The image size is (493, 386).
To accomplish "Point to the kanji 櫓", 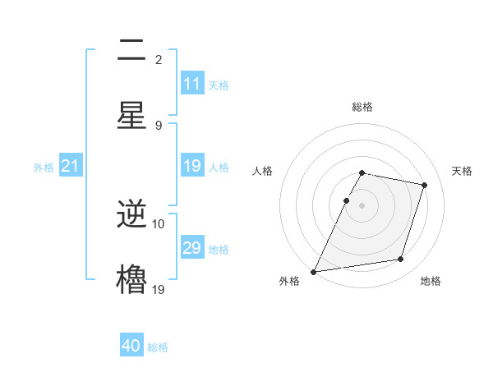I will coord(132,279).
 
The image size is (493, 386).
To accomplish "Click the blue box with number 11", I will coord(192,84).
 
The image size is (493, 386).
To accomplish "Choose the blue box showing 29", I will coord(192,248).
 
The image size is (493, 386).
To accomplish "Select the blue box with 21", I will coord(71,167).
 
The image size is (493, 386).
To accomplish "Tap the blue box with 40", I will coord(131,346).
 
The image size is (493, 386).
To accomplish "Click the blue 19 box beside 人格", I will coord(192,167).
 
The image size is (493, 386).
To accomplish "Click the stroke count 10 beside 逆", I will coord(159,223).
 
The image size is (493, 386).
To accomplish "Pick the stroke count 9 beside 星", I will coord(159,125).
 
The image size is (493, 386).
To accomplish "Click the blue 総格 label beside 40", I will coord(158,347).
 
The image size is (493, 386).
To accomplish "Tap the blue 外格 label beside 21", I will coord(44,168).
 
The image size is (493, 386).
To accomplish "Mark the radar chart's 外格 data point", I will coord(314,271).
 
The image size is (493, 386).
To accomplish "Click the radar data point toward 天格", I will coord(424,185).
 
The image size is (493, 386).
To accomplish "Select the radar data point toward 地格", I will coord(401,260).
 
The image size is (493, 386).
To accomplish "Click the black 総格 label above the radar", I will coord(362,107).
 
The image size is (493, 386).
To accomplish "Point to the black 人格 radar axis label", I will coord(262,171).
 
